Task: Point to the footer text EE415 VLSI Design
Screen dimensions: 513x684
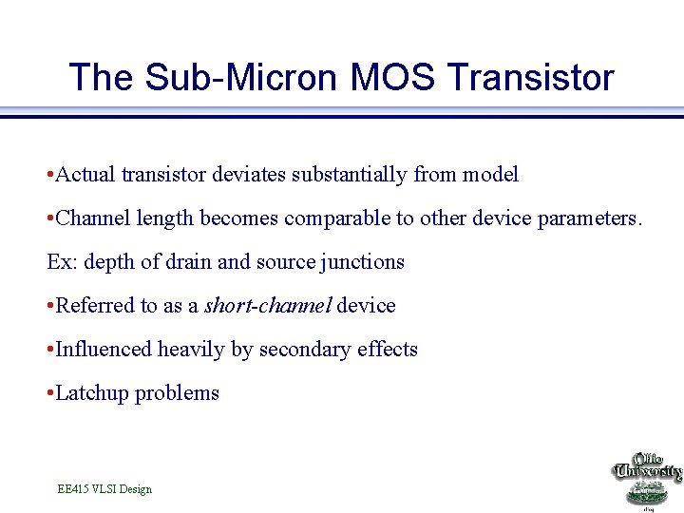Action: click(x=104, y=489)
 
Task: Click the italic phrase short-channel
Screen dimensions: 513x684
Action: click(x=268, y=306)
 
